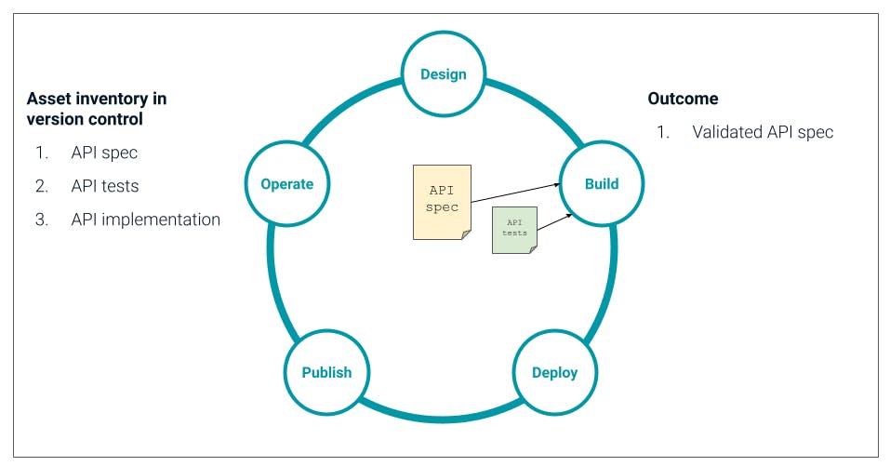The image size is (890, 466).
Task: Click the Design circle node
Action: (443, 74)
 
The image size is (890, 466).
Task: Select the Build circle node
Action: (601, 183)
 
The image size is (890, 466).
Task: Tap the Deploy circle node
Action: (554, 372)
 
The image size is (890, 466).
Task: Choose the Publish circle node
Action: (326, 372)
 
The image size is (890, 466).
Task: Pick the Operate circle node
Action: (286, 183)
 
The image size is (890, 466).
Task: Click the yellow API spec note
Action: (442, 202)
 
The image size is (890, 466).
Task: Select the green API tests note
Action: (514, 229)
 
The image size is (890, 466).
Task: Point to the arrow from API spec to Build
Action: (514, 193)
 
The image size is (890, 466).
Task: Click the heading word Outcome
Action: (683, 99)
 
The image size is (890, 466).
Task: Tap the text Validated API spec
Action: (763, 132)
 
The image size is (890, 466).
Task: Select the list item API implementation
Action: (145, 220)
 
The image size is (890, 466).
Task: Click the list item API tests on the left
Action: (105, 186)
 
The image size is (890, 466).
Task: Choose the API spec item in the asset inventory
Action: (104, 153)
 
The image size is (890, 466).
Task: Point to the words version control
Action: (85, 119)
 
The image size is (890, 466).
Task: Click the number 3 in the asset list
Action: (41, 220)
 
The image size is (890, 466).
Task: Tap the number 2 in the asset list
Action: (41, 186)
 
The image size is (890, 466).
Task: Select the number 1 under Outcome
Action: (662, 132)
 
